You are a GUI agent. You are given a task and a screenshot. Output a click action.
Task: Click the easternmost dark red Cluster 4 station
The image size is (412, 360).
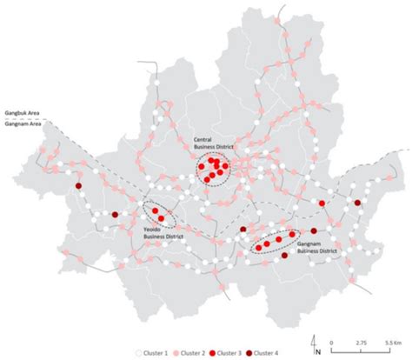[358, 203]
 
